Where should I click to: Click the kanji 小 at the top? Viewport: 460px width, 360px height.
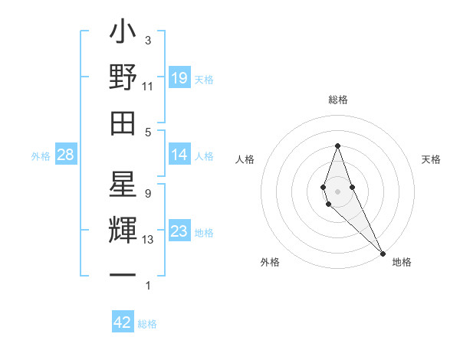pyautogui.click(x=123, y=34)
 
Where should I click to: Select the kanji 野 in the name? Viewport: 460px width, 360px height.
pyautogui.click(x=123, y=77)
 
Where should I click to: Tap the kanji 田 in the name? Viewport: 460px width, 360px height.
pyautogui.click(x=123, y=123)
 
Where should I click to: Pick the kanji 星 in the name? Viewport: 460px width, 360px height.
pyautogui.click(x=123, y=185)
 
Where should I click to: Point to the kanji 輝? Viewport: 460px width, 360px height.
pyautogui.click(x=123, y=231)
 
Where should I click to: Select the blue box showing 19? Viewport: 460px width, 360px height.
pyautogui.click(x=179, y=77)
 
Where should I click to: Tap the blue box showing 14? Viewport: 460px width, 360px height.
pyautogui.click(x=179, y=155)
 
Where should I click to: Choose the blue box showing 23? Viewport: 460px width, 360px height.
pyautogui.click(x=179, y=231)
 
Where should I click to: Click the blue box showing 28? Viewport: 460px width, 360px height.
pyautogui.click(x=66, y=155)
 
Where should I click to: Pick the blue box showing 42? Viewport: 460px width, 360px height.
pyautogui.click(x=123, y=322)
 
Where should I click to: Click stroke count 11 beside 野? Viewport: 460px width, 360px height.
pyautogui.click(x=148, y=87)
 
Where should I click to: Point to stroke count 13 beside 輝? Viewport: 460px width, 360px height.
pyautogui.click(x=148, y=240)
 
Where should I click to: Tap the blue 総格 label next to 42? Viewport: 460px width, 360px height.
pyautogui.click(x=147, y=324)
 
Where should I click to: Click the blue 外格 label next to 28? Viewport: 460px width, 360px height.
pyautogui.click(x=41, y=156)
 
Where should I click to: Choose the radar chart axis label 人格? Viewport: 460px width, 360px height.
pyautogui.click(x=245, y=159)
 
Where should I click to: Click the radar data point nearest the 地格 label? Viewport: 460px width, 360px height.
pyautogui.click(x=383, y=251)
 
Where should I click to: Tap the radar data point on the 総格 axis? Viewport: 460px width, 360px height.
pyautogui.click(x=337, y=146)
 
